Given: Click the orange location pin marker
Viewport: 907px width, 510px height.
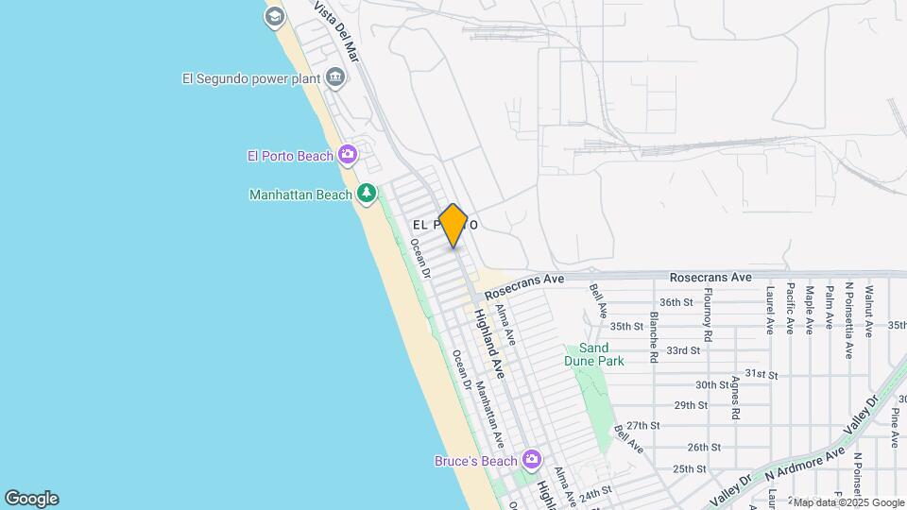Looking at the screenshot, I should [453, 225].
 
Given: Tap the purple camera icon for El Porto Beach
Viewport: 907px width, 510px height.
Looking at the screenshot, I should [348, 154].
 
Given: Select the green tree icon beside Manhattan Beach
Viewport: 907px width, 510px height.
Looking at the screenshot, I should [367, 194].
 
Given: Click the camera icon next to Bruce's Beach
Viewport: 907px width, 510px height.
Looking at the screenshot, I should [532, 460].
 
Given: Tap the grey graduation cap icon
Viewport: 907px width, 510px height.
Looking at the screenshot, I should [274, 16].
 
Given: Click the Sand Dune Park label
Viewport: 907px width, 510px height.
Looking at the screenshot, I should [594, 354].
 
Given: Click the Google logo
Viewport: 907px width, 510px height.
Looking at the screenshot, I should [31, 499].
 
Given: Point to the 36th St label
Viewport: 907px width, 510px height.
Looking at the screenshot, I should [676, 302].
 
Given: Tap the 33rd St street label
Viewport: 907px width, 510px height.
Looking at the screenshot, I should [682, 349].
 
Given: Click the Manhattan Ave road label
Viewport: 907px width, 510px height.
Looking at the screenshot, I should [489, 414].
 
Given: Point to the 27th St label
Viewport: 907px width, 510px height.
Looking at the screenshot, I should [642, 426].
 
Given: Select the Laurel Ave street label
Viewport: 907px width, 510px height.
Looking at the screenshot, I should [771, 309].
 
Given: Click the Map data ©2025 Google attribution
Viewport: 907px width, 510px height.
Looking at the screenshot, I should [847, 502].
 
